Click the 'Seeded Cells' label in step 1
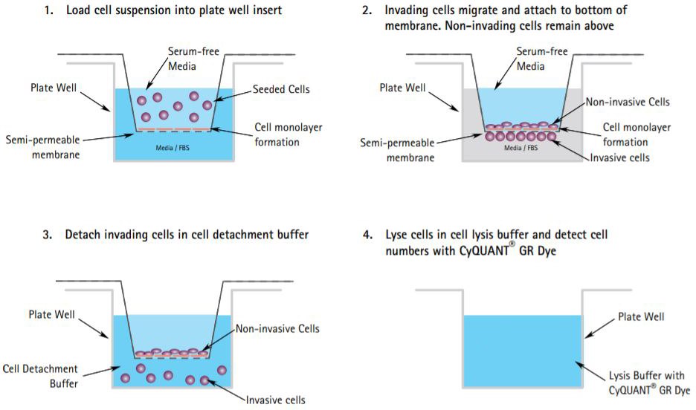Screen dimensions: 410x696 point(282,90)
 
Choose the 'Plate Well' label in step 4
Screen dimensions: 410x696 point(641,317)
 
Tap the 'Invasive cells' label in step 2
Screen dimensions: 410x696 point(619,157)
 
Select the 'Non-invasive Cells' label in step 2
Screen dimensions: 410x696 point(628,102)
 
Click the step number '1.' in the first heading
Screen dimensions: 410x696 point(50,11)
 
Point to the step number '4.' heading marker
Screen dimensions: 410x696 point(367,235)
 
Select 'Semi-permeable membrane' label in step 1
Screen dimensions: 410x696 point(40,147)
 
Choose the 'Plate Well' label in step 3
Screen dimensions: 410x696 point(51,314)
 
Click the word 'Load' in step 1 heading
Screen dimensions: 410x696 point(79,11)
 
